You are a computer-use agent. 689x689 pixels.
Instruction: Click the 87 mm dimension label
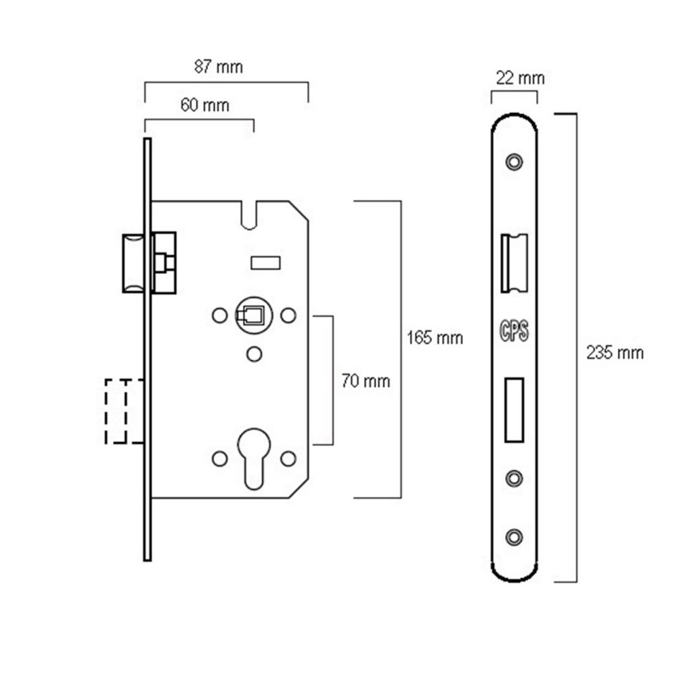pos(218,67)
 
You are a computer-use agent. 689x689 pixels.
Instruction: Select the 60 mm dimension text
pos(205,105)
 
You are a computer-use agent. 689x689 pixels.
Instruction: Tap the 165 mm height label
pos(435,338)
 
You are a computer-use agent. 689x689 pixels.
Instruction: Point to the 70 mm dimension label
pos(366,382)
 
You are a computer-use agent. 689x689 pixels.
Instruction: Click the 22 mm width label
pos(519,78)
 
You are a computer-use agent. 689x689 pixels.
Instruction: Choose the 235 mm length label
pos(614,353)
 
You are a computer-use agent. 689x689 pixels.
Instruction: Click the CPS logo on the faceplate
pos(515,331)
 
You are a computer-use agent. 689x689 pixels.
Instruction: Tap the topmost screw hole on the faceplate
pos(515,161)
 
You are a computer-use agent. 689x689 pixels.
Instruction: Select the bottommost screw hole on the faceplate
pos(515,536)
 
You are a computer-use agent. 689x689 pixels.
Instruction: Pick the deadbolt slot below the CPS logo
pos(515,410)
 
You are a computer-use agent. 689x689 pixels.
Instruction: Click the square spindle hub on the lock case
pos(252,316)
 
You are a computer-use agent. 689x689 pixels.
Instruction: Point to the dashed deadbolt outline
pos(124,411)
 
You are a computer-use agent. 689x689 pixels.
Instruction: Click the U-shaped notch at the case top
pos(252,215)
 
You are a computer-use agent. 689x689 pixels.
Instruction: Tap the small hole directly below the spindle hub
pos(254,352)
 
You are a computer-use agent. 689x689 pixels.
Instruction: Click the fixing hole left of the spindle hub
pos(218,315)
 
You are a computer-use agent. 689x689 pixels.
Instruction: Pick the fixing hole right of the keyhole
pos(289,458)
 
